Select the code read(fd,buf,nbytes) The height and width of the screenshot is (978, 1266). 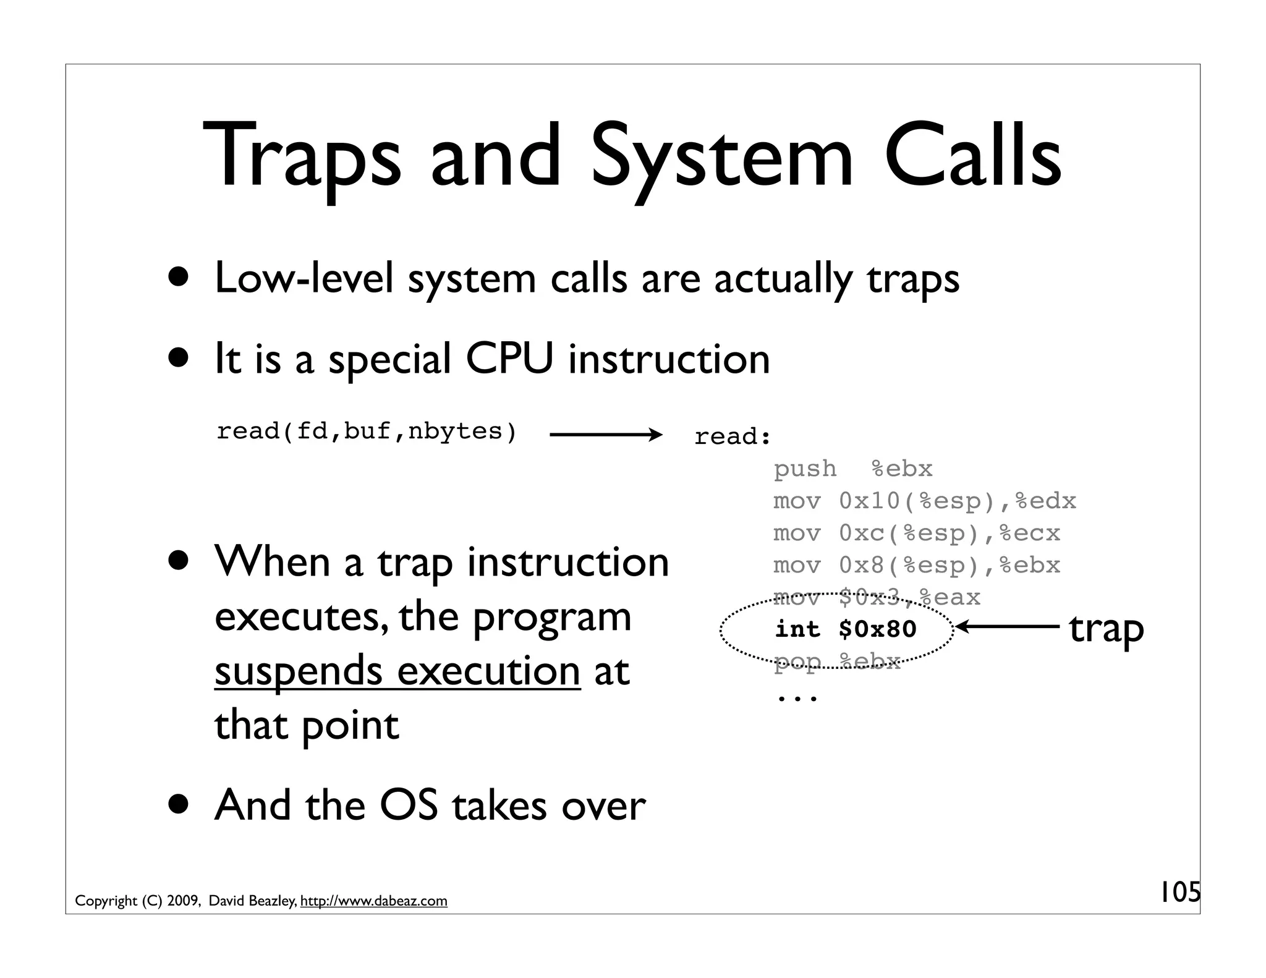(x=366, y=432)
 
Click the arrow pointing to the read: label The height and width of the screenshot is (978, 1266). (x=605, y=435)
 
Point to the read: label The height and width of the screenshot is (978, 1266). (x=733, y=437)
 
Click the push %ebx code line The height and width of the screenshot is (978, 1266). (x=852, y=469)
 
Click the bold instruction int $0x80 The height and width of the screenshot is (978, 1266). (x=845, y=629)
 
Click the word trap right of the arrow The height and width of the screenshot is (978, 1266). (x=1106, y=629)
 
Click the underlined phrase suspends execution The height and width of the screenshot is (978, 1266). (x=397, y=671)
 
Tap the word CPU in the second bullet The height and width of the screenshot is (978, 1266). (x=509, y=359)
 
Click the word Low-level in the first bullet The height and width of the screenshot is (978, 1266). (x=304, y=279)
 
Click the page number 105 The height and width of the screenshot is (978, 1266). (x=1179, y=893)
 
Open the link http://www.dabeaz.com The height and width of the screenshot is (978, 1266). (x=373, y=901)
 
